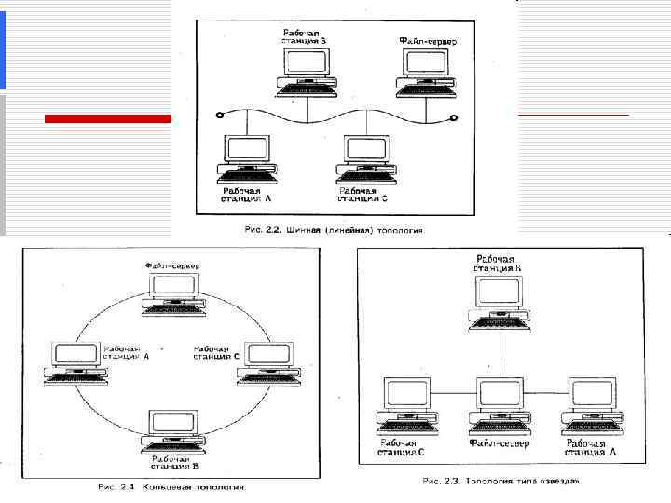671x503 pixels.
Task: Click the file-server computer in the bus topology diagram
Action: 426,71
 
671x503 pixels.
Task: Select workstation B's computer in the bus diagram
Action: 306,71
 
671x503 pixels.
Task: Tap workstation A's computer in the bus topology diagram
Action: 246,156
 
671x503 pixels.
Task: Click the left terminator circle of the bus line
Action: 219,116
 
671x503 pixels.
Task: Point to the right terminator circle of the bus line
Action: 454,116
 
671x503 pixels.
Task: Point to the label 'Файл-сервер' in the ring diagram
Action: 172,266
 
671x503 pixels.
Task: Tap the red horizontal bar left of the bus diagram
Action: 108,118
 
